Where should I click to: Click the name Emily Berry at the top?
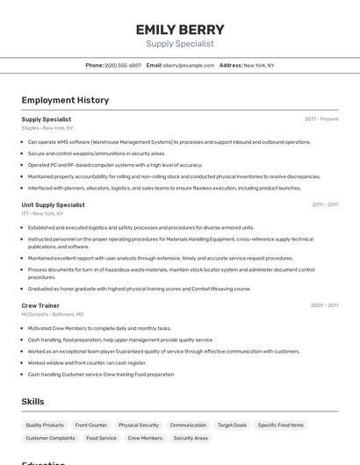click(180, 29)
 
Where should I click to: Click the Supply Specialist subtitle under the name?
click(180, 43)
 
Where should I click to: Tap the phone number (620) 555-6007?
click(122, 65)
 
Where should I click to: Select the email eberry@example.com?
click(188, 65)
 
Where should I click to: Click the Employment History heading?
click(65, 100)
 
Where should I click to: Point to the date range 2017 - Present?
click(321, 118)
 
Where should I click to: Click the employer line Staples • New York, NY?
click(47, 127)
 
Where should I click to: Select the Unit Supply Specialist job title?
click(53, 204)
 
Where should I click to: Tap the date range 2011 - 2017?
click(325, 204)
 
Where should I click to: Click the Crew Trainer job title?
click(40, 305)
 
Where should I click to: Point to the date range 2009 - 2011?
click(324, 305)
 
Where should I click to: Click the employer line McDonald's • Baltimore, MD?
click(53, 314)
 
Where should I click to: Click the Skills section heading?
click(33, 402)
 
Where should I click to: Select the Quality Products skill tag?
click(45, 425)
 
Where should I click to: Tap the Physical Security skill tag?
click(139, 425)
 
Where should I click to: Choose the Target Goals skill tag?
click(232, 425)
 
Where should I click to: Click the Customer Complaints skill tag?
click(50, 438)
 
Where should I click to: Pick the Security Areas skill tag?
click(191, 438)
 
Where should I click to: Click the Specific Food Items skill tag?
click(280, 425)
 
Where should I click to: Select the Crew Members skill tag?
click(145, 438)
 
